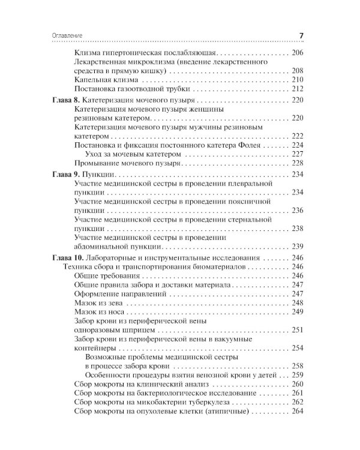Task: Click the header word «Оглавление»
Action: pyautogui.click(x=63, y=35)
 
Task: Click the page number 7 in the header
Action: pyautogui.click(x=301, y=35)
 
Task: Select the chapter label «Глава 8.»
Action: pyautogui.click(x=62, y=101)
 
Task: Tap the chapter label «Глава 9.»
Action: pyautogui.click(x=62, y=173)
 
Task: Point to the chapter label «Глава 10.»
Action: pyautogui.click(x=64, y=257)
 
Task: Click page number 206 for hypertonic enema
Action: pyautogui.click(x=298, y=52)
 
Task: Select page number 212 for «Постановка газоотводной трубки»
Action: pyautogui.click(x=298, y=89)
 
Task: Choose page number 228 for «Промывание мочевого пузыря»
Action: pyautogui.click(x=298, y=163)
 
